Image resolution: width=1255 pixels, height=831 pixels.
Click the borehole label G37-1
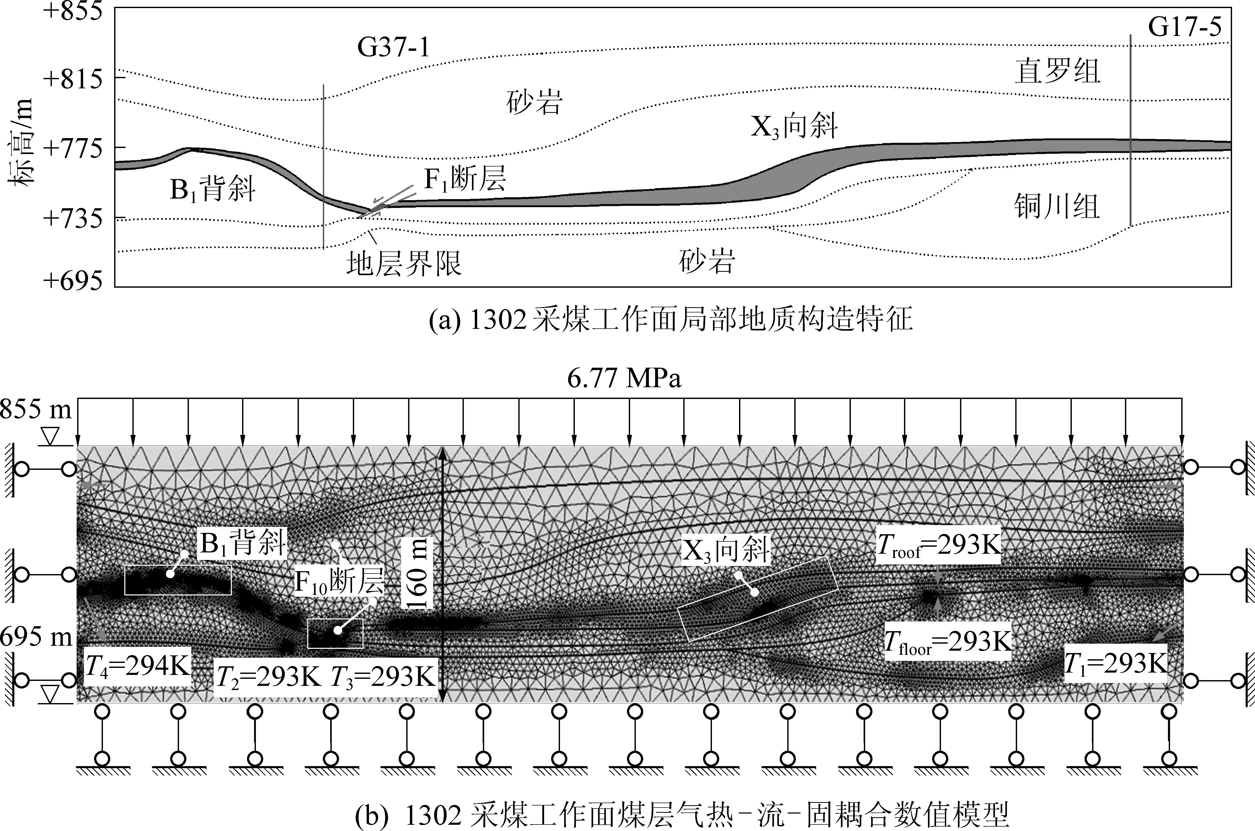[393, 48]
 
